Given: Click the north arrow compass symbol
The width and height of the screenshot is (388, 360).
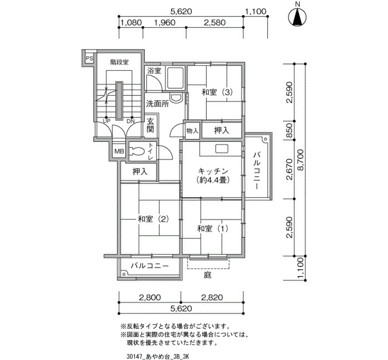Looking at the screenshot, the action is [x=298, y=18].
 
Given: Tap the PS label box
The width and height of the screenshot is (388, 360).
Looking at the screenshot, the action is [x=89, y=59].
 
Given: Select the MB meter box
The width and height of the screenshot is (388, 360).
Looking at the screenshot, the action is [x=119, y=151].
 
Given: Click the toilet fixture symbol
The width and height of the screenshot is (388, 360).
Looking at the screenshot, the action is [x=136, y=151].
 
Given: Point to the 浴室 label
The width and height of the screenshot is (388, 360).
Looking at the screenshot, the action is [x=154, y=71].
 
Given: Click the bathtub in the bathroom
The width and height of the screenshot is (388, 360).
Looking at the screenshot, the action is [x=175, y=78].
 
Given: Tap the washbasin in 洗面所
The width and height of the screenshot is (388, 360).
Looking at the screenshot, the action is [x=176, y=97].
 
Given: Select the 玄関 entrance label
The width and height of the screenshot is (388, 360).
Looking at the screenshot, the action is [x=150, y=125].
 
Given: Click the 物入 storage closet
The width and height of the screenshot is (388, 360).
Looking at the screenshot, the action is [x=192, y=130].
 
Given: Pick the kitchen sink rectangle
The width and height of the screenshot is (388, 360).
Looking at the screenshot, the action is [x=220, y=149].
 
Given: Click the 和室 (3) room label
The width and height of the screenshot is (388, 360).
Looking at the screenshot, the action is [x=217, y=92].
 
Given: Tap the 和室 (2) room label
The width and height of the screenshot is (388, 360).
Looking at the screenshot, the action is [x=153, y=219].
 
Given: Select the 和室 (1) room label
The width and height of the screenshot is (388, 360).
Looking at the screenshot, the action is [x=212, y=229].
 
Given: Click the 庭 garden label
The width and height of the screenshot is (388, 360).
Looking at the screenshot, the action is [x=208, y=275].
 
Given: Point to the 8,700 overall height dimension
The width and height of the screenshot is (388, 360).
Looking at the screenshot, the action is [x=300, y=160].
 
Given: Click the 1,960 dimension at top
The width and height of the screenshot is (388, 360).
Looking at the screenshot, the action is [x=165, y=23].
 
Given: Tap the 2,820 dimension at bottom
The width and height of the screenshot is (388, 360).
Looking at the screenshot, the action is [x=212, y=297].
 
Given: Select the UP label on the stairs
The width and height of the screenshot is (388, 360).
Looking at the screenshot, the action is [x=106, y=121].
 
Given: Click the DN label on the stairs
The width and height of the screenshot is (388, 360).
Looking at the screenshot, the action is [x=130, y=121].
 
